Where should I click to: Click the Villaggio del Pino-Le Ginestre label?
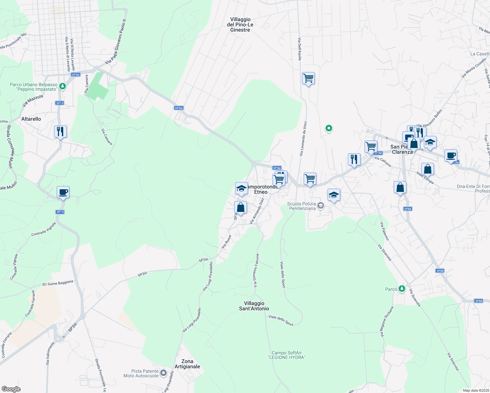240,25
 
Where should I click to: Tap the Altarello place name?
31,119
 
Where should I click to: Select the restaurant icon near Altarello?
60,132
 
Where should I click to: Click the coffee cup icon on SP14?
63,192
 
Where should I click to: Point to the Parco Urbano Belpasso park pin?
62,86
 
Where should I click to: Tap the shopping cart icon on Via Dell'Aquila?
308,79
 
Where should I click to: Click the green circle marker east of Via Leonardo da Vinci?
329,128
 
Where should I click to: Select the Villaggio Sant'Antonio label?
254,306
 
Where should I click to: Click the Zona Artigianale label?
187,364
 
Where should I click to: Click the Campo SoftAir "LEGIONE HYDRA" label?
287,355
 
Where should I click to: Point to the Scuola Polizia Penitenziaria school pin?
321,206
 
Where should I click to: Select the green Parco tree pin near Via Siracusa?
402,289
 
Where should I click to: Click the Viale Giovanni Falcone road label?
256,271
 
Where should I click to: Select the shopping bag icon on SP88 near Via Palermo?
400,188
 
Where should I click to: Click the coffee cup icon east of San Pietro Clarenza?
451,156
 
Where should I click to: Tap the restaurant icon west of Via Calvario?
354,159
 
